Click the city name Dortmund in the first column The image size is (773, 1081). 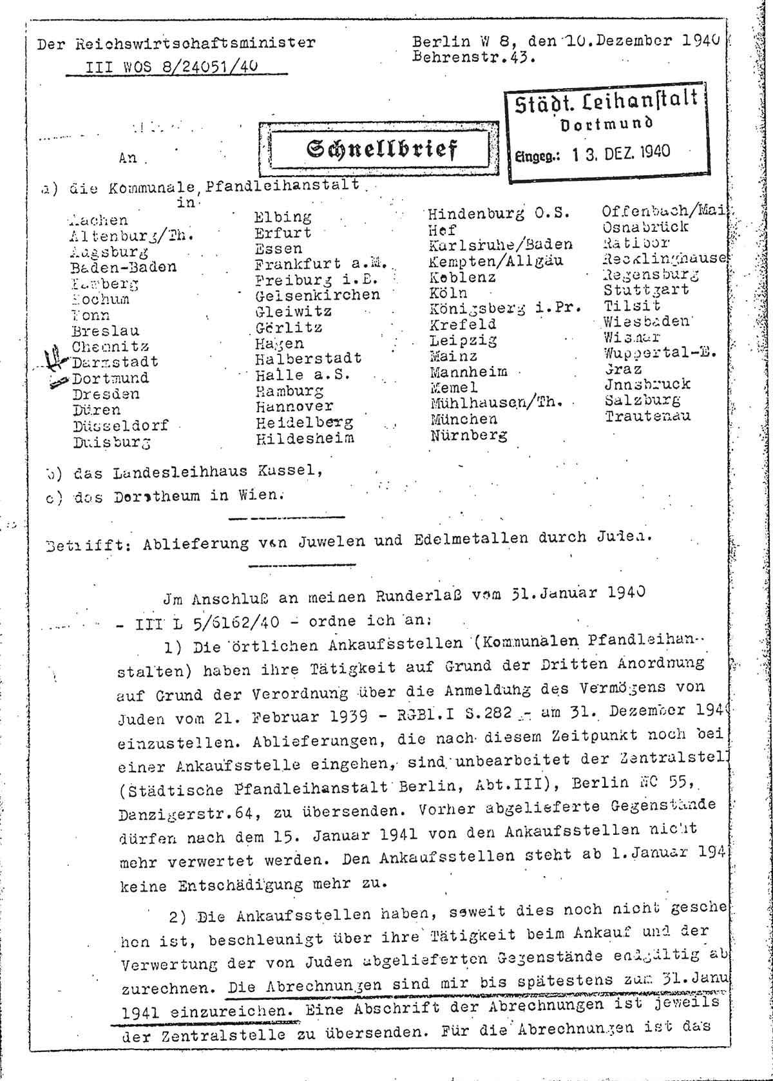tap(110, 378)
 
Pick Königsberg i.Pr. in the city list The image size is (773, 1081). tap(505, 308)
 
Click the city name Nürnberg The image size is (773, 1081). tap(468, 435)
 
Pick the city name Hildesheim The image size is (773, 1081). tap(305, 439)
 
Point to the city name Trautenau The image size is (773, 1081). tap(647, 416)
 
